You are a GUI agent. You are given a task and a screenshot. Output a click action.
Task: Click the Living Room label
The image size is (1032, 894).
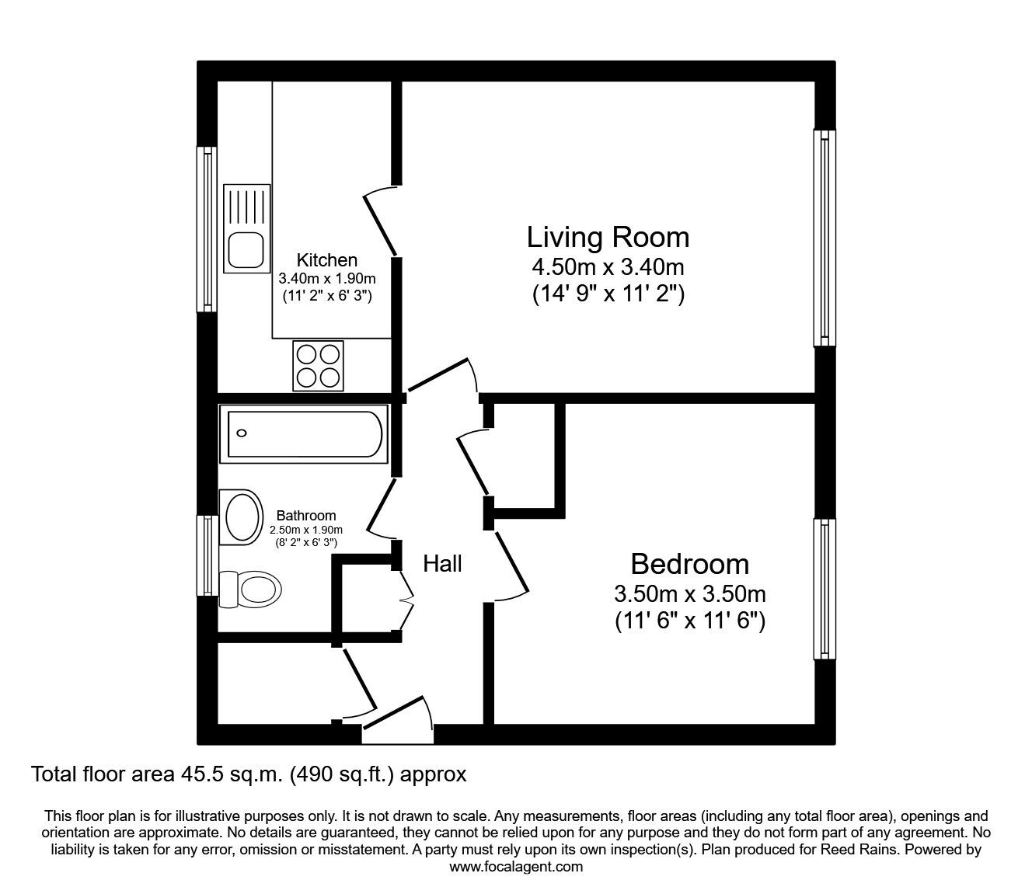608,238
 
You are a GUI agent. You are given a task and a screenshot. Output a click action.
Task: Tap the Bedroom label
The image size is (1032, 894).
689,565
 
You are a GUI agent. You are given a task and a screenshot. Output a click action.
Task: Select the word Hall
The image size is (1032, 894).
442,564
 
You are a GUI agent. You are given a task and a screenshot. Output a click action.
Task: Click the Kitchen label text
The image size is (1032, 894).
327,260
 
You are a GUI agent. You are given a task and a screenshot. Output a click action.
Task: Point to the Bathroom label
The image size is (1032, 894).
306,515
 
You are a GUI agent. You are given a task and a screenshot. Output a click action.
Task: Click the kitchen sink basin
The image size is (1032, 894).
246,249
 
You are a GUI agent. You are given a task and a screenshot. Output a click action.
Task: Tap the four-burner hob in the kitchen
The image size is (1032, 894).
318,366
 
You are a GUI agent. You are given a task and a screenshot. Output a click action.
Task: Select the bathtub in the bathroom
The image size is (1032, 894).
304,433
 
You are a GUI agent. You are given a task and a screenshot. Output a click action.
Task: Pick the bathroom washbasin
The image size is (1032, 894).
241,517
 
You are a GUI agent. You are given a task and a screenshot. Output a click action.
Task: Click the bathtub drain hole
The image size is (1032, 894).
242,433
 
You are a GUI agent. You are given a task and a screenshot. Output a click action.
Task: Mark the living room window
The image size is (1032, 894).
825,238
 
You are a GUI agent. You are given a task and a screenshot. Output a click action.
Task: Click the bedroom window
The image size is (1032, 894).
825,589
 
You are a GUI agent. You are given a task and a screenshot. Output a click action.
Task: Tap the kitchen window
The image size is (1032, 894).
207,229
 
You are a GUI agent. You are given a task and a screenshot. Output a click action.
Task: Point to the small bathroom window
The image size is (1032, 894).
207,555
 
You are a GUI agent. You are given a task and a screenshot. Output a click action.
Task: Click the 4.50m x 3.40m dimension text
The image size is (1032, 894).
608,268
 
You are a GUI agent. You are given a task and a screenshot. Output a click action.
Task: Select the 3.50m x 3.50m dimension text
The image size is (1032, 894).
689,594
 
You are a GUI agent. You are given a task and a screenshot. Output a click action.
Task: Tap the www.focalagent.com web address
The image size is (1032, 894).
516,867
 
